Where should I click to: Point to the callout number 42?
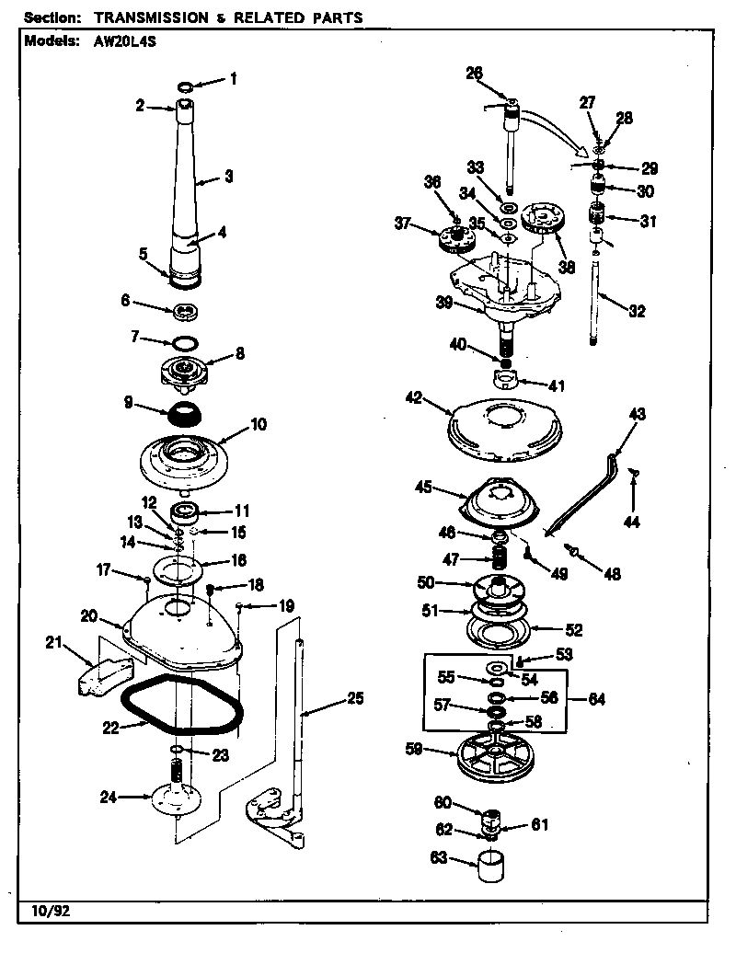coord(413,398)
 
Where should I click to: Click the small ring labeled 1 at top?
coord(185,86)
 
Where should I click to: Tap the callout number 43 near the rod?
coord(637,415)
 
